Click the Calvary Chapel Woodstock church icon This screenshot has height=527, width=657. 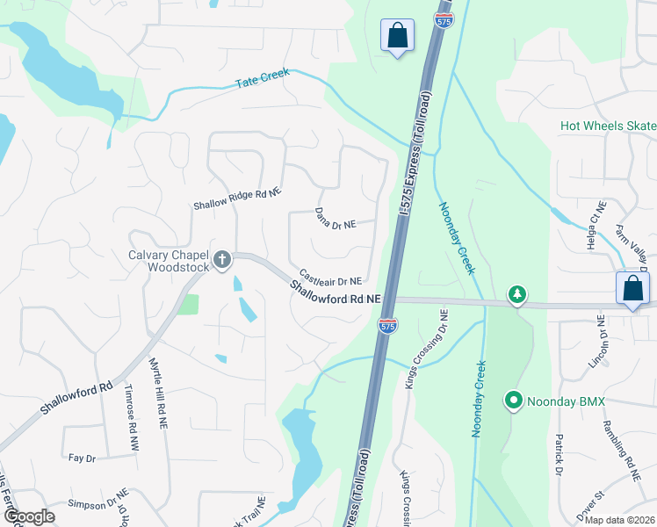[222, 259]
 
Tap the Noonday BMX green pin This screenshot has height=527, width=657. [514, 402]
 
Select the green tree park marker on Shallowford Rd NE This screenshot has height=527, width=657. [518, 295]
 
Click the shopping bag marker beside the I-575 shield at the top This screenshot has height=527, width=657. [397, 36]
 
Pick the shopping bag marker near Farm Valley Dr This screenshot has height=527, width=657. [632, 288]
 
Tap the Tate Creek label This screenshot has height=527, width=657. [263, 79]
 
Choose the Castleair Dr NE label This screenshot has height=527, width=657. [330, 277]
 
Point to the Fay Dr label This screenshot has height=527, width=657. [81, 458]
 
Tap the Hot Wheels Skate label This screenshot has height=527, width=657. [608, 126]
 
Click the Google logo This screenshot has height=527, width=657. [28, 516]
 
